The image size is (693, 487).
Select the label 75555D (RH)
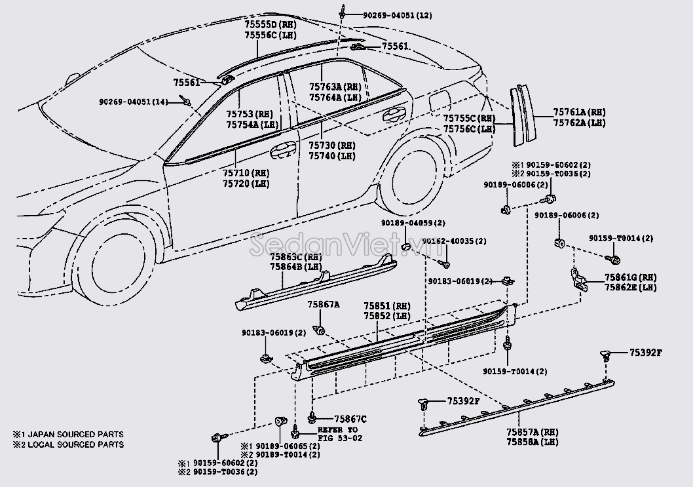point(270,24)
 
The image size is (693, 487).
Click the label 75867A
point(324,305)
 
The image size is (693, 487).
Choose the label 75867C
point(350,419)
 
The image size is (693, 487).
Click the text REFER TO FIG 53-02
point(339,434)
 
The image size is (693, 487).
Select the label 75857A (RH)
point(531,433)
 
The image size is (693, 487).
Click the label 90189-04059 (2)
point(413,223)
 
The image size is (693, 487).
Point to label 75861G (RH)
point(630,277)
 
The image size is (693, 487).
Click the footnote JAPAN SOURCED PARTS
point(75,435)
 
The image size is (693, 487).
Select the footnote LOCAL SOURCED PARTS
point(75,444)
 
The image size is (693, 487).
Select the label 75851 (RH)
point(387,305)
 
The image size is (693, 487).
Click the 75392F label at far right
point(645,353)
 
